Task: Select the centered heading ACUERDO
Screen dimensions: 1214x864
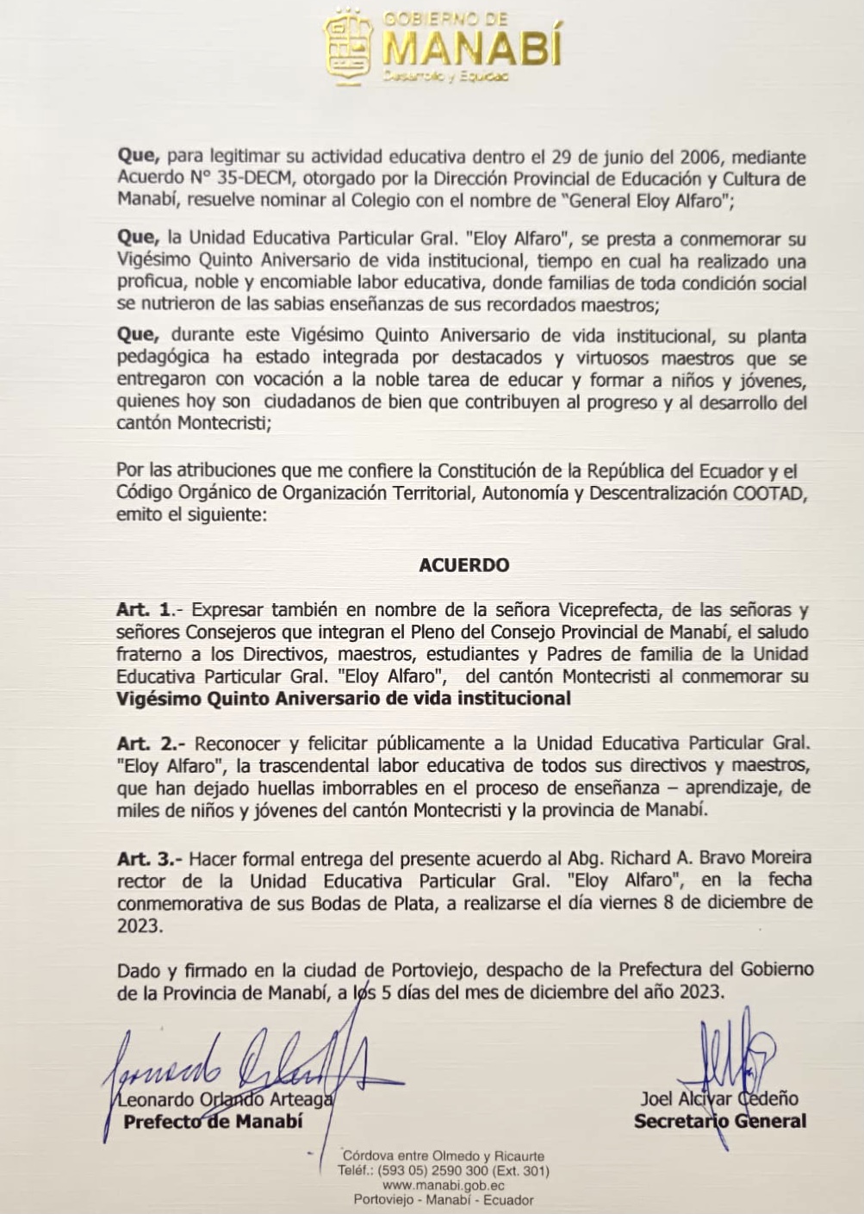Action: [463, 566]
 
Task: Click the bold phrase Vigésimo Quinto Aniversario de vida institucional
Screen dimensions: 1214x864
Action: [343, 699]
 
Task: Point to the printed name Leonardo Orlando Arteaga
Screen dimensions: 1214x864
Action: [225, 1100]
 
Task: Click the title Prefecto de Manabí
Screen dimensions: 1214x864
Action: [213, 1122]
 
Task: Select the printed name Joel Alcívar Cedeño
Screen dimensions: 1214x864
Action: [718, 1099]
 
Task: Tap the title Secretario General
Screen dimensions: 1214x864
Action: [720, 1121]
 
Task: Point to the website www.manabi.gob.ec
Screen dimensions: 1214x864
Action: [443, 1186]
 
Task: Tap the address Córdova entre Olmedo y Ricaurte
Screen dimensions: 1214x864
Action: [443, 1156]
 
